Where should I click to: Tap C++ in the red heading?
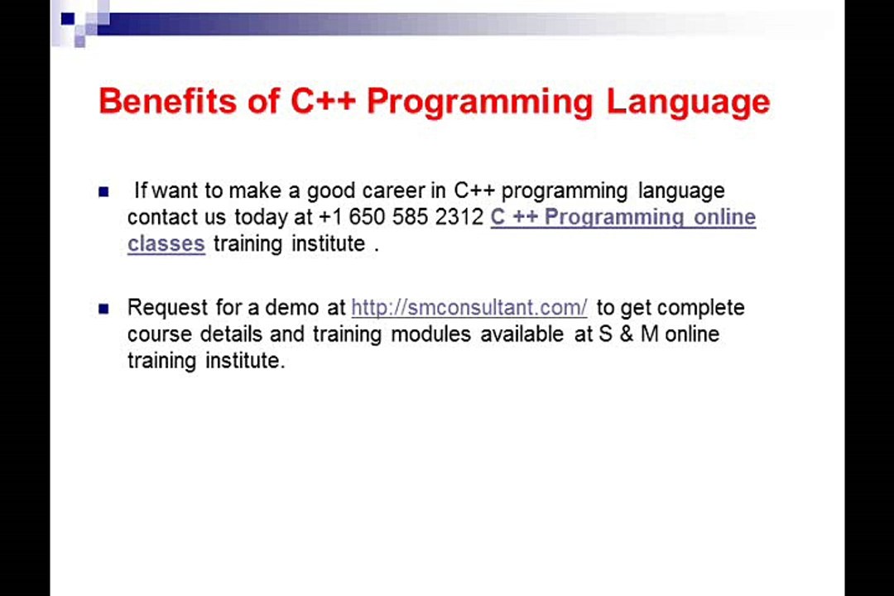tap(323, 101)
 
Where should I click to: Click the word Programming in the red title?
tap(480, 103)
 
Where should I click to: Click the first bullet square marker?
tap(103, 192)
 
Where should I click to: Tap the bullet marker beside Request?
tap(103, 309)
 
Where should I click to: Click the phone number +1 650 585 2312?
tap(401, 217)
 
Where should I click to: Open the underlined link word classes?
tap(166, 243)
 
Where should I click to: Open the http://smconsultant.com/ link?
tap(469, 308)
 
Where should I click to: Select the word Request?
tap(168, 308)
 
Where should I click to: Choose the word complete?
tap(700, 308)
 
